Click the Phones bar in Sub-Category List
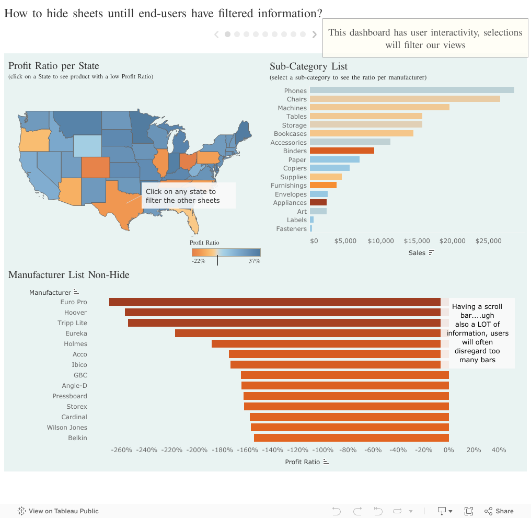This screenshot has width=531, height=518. [x=412, y=90]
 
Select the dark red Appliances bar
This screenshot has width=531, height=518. [x=318, y=202]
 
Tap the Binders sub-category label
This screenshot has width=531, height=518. [x=295, y=151]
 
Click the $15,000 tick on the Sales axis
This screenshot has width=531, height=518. [x=417, y=241]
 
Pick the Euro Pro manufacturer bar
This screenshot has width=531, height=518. [x=275, y=302]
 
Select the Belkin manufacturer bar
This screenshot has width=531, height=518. [x=351, y=438]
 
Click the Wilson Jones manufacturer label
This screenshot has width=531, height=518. [x=67, y=428]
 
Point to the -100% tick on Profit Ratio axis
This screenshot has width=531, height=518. [x=324, y=450]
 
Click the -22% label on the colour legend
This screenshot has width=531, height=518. [x=198, y=261]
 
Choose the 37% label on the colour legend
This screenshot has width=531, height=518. [x=254, y=261]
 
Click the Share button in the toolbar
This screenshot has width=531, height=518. [x=499, y=511]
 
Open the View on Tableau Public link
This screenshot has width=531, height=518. [x=58, y=511]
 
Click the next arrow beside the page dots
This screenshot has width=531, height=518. [x=315, y=34]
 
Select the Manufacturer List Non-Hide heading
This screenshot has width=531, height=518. [x=68, y=275]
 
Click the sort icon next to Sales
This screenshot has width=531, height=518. [x=431, y=253]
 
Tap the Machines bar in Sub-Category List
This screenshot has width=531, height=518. [x=379, y=107]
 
